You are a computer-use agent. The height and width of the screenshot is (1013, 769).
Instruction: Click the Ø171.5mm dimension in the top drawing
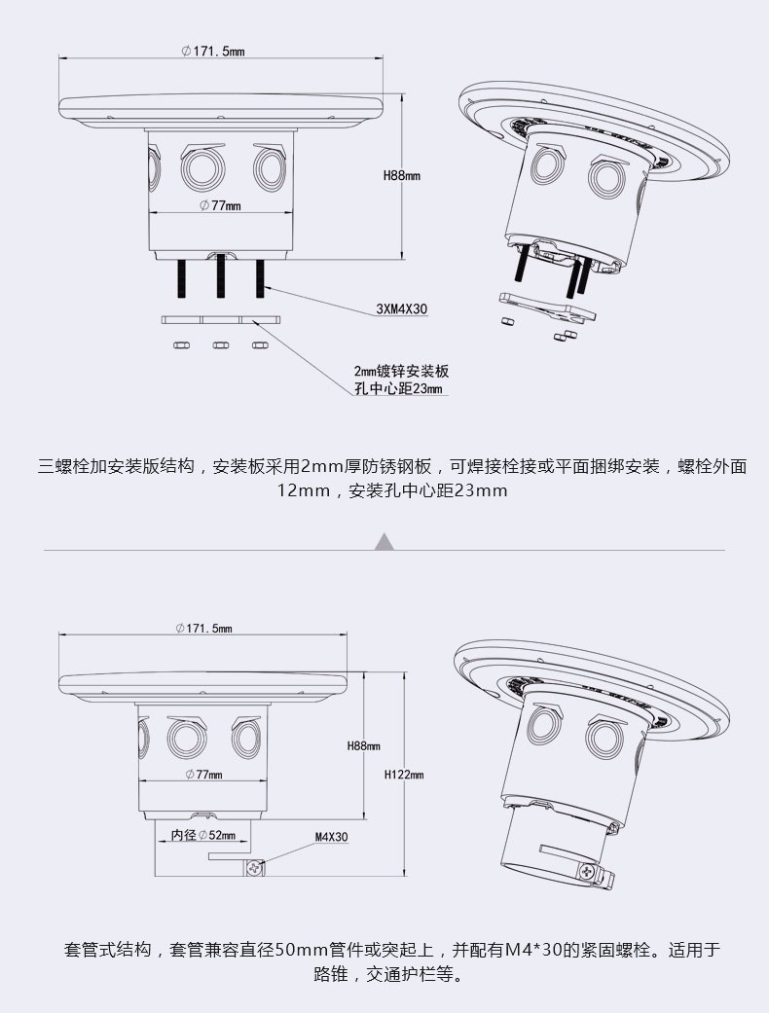pyautogui.click(x=212, y=51)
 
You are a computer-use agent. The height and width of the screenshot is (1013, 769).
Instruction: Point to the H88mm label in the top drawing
pyautogui.click(x=400, y=176)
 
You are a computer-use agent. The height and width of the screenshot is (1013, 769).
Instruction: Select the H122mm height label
pyautogui.click(x=403, y=775)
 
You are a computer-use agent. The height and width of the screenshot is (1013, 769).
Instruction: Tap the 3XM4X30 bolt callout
pyautogui.click(x=402, y=309)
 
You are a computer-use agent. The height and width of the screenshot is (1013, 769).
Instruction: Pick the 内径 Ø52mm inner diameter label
pyautogui.click(x=203, y=835)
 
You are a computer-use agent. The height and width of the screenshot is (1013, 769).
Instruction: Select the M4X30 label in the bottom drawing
pyautogui.click(x=331, y=836)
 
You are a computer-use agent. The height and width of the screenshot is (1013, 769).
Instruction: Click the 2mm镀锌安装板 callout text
pyautogui.click(x=401, y=372)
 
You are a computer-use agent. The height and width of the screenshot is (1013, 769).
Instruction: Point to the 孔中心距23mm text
pyautogui.click(x=398, y=389)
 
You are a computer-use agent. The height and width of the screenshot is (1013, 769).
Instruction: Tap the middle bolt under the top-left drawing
pyautogui.click(x=220, y=277)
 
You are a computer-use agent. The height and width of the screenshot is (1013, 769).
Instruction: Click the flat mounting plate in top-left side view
pyautogui.click(x=220, y=319)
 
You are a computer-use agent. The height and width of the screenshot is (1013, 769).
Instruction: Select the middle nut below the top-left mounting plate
pyautogui.click(x=220, y=344)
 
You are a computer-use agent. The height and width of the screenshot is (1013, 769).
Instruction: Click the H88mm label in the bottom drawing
pyautogui.click(x=363, y=745)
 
